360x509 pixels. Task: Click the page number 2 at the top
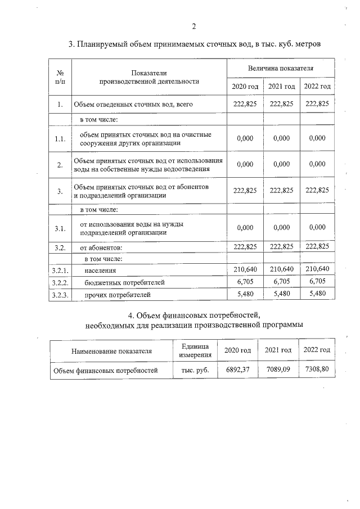tap(193, 26)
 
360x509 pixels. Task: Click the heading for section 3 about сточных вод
tap(194, 44)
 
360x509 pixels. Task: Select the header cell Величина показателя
tap(281, 68)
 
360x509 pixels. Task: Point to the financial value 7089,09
tap(277, 370)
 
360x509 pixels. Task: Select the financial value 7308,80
tap(316, 370)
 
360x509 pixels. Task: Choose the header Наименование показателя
tap(111, 351)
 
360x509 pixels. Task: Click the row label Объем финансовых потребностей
tap(105, 371)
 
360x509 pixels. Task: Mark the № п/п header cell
tap(60, 77)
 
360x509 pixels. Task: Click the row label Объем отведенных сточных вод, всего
tap(124, 105)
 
